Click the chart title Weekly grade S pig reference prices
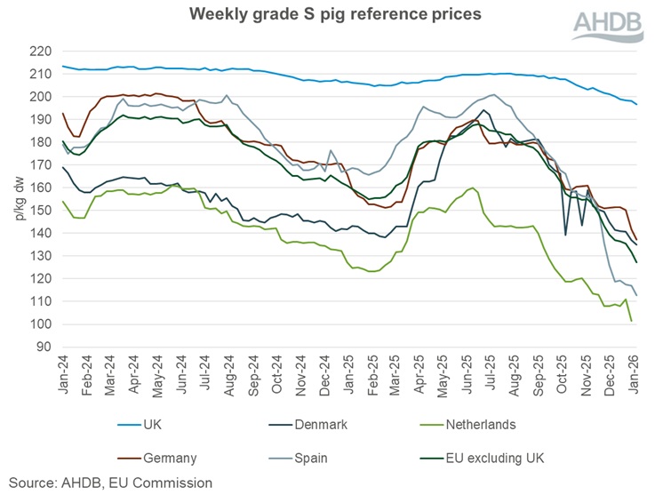point(328,14)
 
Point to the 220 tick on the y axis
point(41,52)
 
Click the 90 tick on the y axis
point(44,347)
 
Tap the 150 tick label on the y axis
point(41,211)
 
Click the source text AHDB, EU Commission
point(111,483)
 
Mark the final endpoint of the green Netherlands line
point(632,321)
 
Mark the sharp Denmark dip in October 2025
point(567,235)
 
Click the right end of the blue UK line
point(636,105)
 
